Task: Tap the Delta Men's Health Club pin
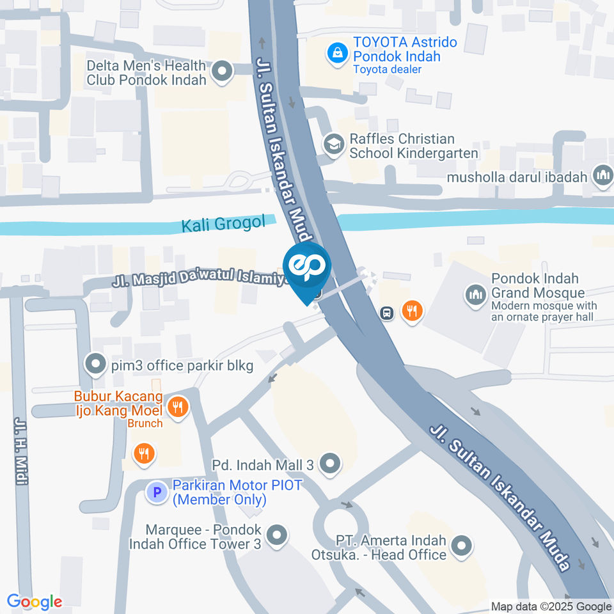click(222, 72)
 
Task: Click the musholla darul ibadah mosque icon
click(602, 176)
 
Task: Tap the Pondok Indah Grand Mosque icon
click(475, 295)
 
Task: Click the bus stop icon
click(386, 313)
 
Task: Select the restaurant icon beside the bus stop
click(413, 311)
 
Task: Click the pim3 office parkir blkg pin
click(96, 365)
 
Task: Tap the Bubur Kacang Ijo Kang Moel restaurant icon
click(177, 405)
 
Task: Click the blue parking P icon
click(157, 492)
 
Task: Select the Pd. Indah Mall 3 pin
click(330, 464)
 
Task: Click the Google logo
click(35, 601)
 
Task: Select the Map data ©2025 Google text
click(551, 606)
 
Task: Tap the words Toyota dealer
click(388, 69)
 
